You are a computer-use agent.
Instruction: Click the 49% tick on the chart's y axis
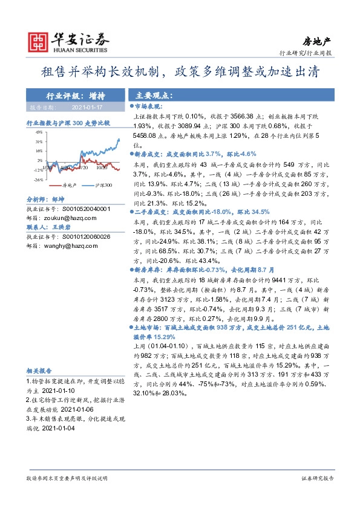point(38,131)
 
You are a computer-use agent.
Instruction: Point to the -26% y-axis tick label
point(38,180)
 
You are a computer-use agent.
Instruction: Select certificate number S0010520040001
point(83,209)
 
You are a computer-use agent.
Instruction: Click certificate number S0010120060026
point(83,238)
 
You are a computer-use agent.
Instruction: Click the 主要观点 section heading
point(154,96)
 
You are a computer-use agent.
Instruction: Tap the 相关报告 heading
point(39,371)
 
